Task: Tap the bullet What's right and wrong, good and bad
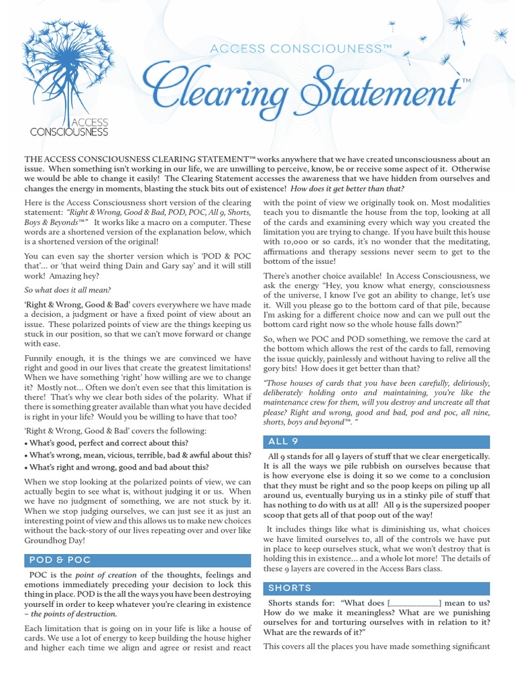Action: tap(117, 467)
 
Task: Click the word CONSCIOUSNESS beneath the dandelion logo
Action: tap(69, 133)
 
